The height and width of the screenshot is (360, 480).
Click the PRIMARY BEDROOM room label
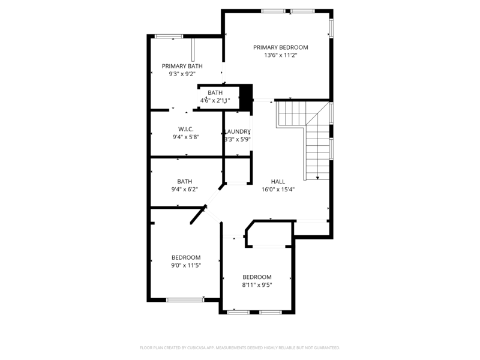click(x=280, y=47)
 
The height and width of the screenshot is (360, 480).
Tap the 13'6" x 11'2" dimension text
click(x=280, y=55)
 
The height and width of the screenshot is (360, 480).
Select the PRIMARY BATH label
click(x=182, y=66)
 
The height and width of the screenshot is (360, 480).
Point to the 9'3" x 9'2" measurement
click(x=182, y=74)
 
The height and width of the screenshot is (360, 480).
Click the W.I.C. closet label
click(x=185, y=129)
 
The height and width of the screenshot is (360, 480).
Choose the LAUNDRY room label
click(x=237, y=131)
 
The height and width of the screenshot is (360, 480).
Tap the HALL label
click(x=278, y=181)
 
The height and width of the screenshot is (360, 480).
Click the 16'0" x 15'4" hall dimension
click(x=278, y=189)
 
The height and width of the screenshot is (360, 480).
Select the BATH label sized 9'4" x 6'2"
click(x=184, y=181)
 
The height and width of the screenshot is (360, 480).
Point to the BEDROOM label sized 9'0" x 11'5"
click(x=186, y=257)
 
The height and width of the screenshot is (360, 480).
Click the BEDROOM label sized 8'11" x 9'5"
click(x=257, y=277)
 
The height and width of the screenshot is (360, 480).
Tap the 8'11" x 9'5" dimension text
click(x=257, y=285)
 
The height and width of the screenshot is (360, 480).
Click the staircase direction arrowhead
click(x=317, y=177)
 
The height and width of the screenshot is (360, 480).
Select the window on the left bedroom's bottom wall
click(x=184, y=299)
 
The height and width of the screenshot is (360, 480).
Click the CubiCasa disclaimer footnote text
click(x=240, y=347)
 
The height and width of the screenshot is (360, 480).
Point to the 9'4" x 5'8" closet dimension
click(x=185, y=137)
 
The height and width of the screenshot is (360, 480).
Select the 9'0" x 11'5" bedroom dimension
click(x=186, y=265)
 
